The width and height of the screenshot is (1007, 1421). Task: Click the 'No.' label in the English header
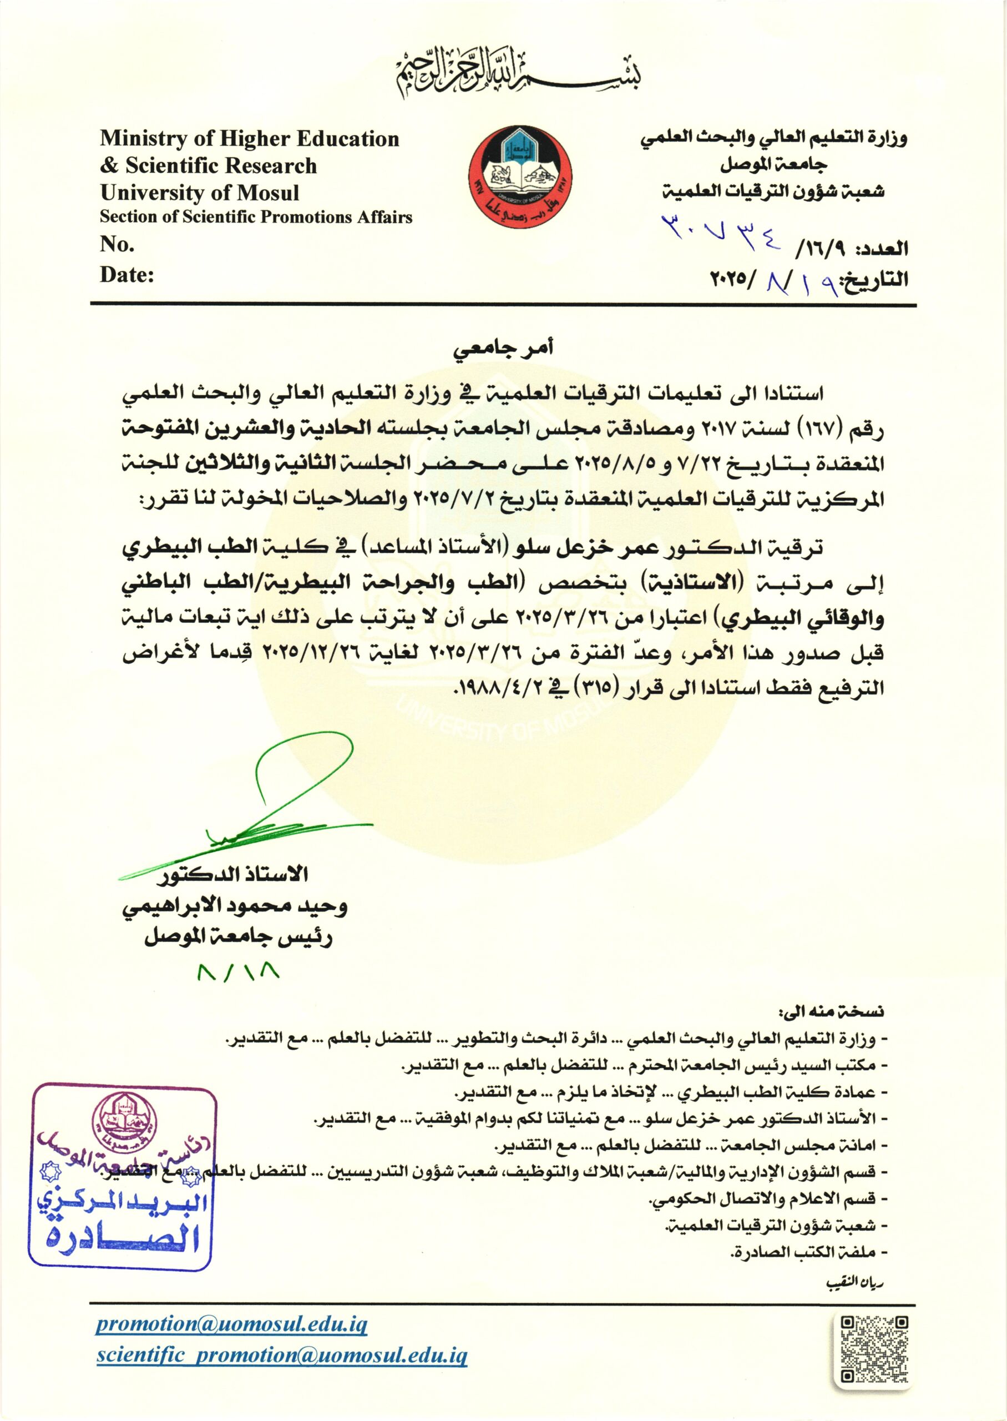[x=117, y=245]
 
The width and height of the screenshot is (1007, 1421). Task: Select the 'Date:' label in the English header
[x=127, y=275]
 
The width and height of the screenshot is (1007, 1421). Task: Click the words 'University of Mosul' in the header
[x=200, y=193]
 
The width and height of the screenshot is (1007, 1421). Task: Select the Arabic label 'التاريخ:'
[x=874, y=280]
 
